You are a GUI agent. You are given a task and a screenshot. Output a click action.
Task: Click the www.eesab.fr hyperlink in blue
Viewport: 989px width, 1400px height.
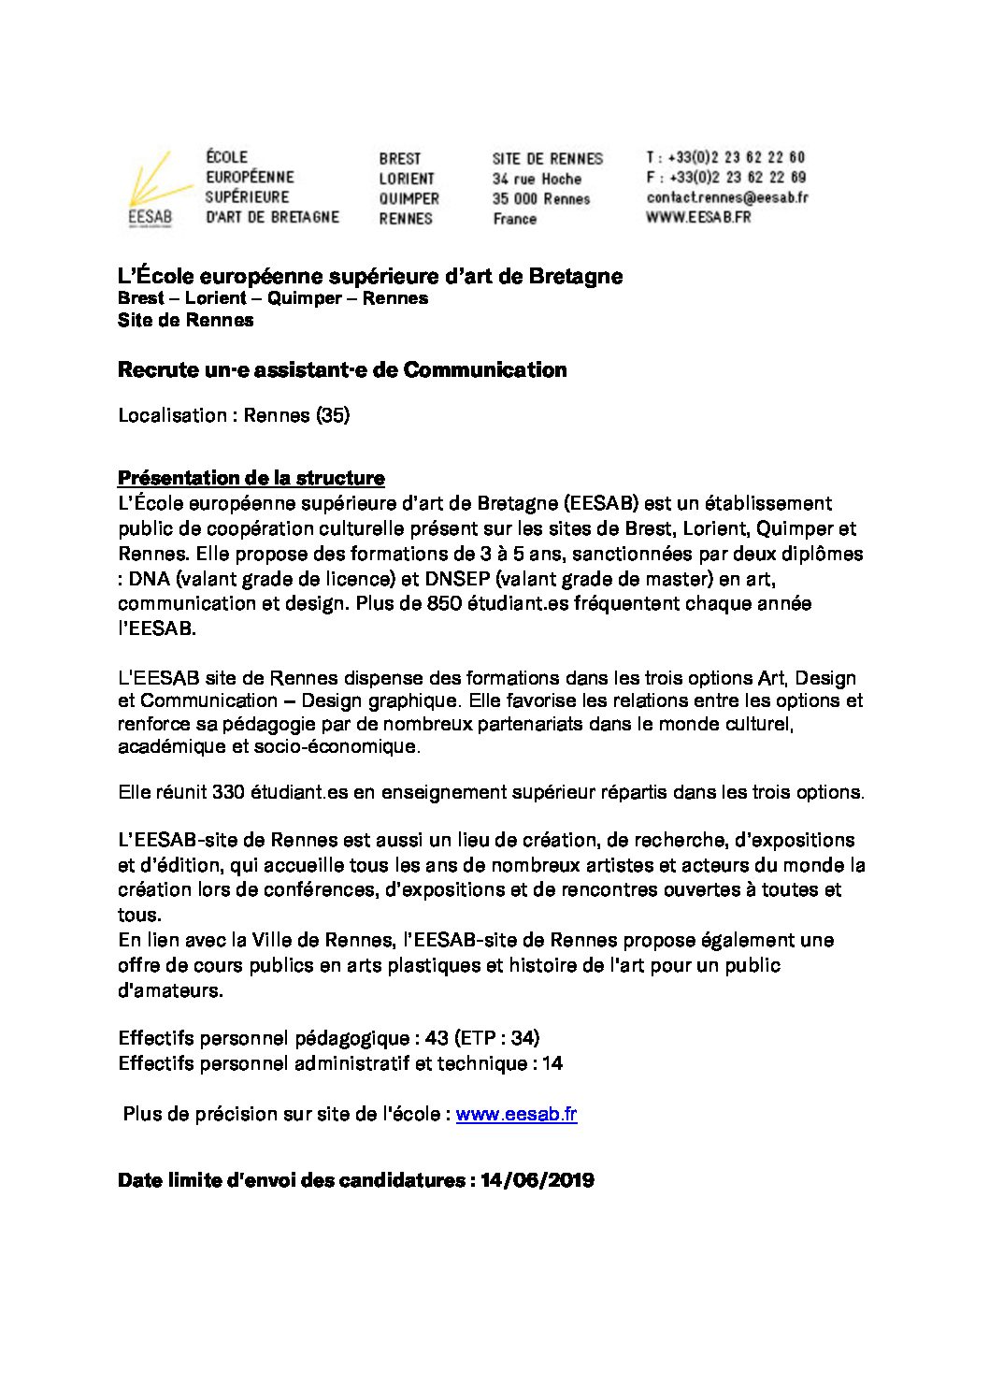[x=516, y=1114]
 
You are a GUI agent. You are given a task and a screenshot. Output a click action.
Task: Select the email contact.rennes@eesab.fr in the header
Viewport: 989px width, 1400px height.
[x=726, y=197]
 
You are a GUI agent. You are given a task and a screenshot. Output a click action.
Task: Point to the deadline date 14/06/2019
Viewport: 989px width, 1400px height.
[x=537, y=1180]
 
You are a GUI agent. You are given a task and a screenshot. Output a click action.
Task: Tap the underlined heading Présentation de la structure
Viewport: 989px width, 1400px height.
[x=251, y=478]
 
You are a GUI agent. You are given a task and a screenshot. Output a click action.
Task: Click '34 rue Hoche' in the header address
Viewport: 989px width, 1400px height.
[x=537, y=179]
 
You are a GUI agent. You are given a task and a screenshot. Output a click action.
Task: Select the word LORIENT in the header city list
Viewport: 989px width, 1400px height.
[x=407, y=179]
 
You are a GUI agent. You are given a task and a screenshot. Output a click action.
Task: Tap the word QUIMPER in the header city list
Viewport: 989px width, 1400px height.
[x=408, y=198]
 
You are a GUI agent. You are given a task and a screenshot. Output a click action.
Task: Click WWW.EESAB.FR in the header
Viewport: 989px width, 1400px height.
[x=698, y=217]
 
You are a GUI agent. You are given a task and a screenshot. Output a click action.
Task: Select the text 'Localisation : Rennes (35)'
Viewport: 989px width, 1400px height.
[x=234, y=415]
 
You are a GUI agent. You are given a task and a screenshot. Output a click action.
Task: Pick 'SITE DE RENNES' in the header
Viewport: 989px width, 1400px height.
[x=548, y=158]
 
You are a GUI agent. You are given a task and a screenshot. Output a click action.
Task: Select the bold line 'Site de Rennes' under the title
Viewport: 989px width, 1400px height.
[x=185, y=320]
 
